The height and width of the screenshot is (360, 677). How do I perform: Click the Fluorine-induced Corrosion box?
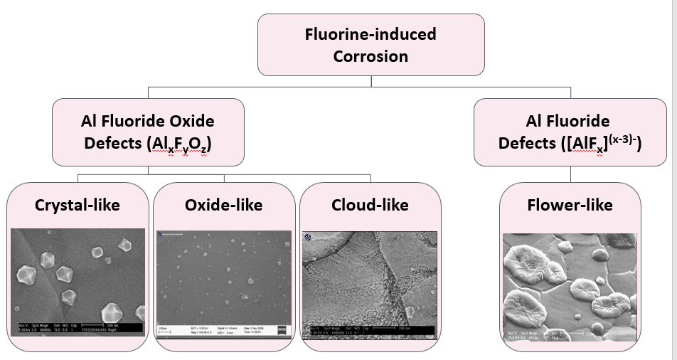pyautogui.click(x=371, y=44)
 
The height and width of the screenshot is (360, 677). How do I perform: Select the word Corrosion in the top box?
pyautogui.click(x=371, y=56)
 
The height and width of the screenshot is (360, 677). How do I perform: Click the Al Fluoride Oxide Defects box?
pyautogui.click(x=148, y=132)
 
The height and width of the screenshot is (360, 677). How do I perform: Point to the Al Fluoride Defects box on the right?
pyautogui.click(x=559, y=132)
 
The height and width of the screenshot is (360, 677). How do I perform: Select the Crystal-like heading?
pyautogui.click(x=77, y=205)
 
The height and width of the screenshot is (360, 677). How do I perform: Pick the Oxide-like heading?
pyautogui.click(x=223, y=205)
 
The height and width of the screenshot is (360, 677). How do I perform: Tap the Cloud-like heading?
pyautogui.click(x=370, y=205)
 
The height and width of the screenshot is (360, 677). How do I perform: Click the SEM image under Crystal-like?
pyautogui.click(x=78, y=274)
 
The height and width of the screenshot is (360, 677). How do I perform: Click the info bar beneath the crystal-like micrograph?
pyautogui.click(x=78, y=329)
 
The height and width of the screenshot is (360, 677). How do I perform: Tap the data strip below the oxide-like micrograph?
pyautogui.click(x=223, y=329)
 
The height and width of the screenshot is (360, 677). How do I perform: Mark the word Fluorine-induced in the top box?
pyautogui.click(x=371, y=33)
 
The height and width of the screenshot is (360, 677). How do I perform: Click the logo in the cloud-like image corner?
pyautogui.click(x=308, y=237)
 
